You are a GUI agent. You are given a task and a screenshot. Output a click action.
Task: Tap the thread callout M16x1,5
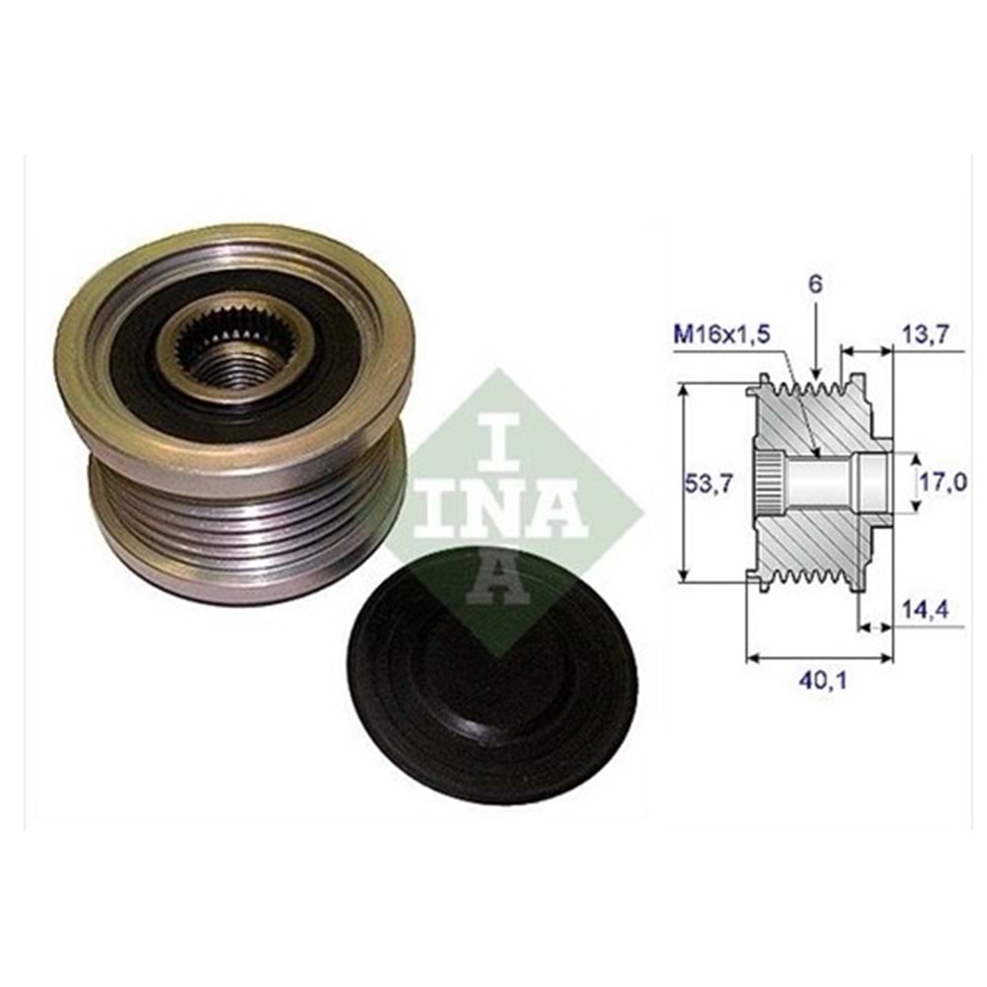click(722, 335)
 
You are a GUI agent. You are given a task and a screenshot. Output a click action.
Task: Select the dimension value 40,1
click(816, 680)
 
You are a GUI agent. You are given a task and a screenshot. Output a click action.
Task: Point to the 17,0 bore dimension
click(944, 483)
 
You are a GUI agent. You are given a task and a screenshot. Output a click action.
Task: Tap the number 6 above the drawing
click(814, 284)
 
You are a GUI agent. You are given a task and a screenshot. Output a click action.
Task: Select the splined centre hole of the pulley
click(219, 350)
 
